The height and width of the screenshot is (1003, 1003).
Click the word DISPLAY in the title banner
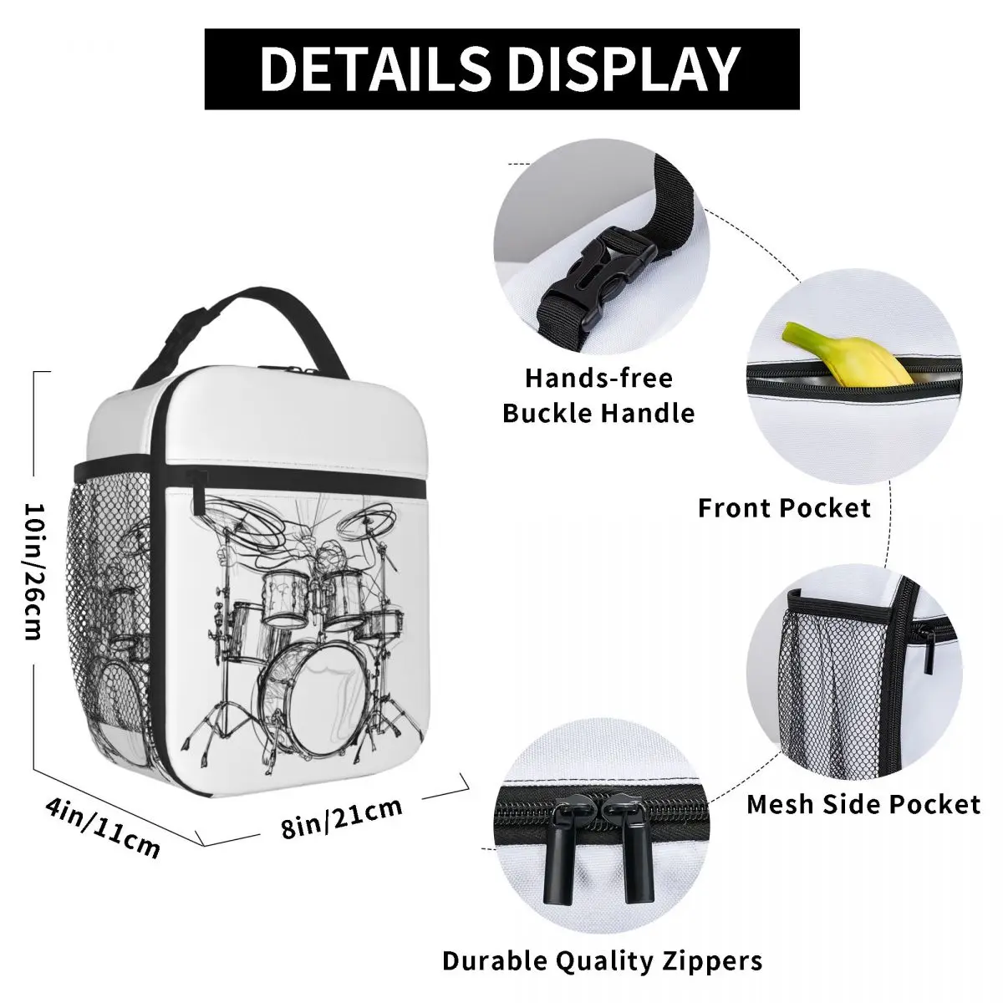[616, 69]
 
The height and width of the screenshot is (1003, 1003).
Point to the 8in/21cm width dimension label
[343, 817]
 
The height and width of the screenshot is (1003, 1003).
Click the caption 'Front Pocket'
[784, 507]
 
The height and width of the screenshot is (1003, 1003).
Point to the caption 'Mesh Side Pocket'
[863, 804]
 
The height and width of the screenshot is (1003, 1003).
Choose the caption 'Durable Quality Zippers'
[602, 960]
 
